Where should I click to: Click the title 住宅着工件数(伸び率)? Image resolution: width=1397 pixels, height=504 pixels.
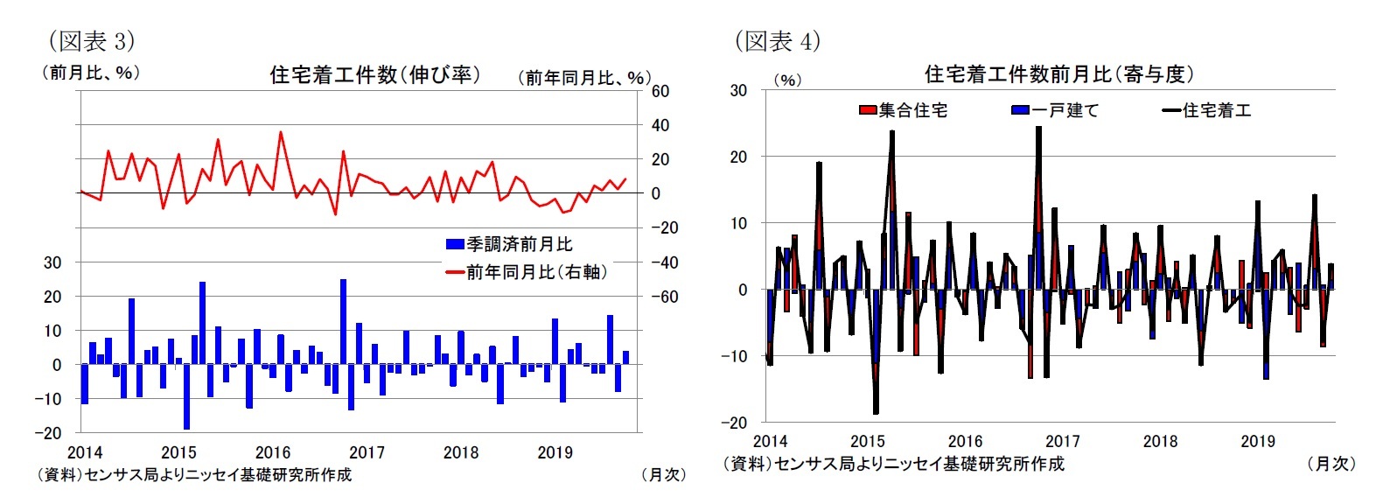pos(374,74)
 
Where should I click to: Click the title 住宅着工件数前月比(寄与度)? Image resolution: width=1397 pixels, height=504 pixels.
pos(1058,74)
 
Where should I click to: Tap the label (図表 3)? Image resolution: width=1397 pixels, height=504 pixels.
pos(91,40)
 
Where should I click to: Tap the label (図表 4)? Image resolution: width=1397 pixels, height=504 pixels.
pos(777,40)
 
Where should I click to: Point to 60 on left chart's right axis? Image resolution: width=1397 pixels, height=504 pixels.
pos(660,91)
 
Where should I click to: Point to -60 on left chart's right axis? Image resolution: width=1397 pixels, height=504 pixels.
pos(664,297)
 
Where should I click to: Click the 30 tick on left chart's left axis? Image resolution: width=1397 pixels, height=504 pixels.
pos(52,262)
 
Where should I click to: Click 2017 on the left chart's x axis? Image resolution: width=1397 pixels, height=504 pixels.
pos(367,452)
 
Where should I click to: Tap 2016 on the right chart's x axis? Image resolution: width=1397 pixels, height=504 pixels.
pos(965,441)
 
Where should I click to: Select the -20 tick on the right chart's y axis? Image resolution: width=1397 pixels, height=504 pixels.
pos(734,422)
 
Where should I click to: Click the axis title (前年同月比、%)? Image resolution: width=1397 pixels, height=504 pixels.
pos(584,78)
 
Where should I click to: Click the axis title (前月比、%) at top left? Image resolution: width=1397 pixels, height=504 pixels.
pos(91,73)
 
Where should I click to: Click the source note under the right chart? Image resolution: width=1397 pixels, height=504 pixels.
pos(894,464)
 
